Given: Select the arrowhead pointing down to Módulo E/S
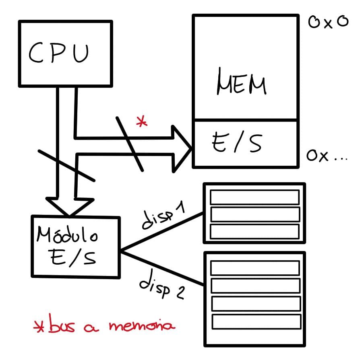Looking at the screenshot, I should coord(69,205).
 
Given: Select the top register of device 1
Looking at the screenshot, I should coord(254,197).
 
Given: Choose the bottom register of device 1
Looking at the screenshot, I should coord(254,231).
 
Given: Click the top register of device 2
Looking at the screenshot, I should coord(255,267).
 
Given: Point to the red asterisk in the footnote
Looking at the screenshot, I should coord(39,327).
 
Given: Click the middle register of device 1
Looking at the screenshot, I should coord(254,214).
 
